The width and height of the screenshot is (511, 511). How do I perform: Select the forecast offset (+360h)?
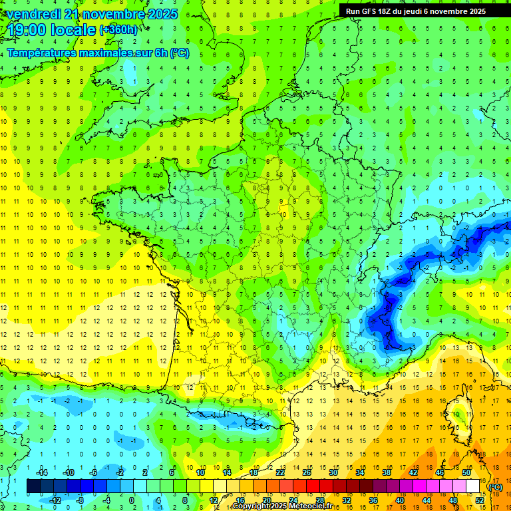[x=119, y=30]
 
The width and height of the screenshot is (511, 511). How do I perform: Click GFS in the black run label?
[x=370, y=11]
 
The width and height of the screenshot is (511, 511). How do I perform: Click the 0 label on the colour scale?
[x=131, y=500]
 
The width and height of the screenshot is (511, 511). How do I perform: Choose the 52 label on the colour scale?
[x=480, y=500]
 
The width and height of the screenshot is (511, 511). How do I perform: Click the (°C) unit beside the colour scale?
[x=496, y=487]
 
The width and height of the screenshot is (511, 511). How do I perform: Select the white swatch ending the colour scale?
[x=473, y=486]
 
